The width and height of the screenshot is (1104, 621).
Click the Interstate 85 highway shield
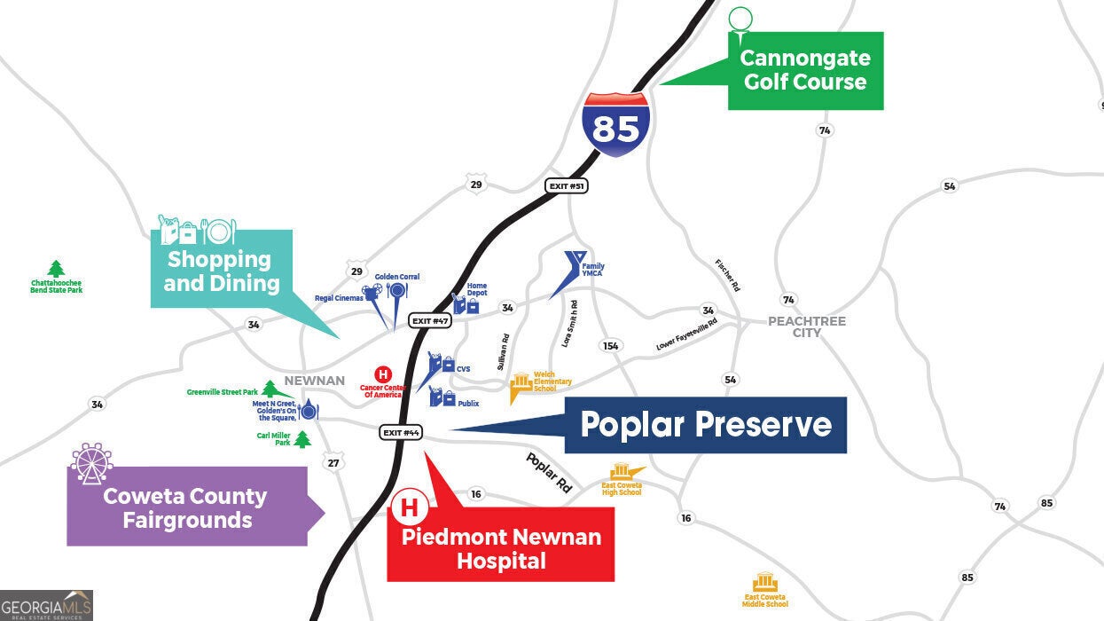point(615,124)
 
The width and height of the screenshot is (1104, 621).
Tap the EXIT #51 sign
point(566,186)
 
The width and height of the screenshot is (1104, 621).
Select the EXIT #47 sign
point(430,320)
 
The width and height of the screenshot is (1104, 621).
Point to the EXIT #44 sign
point(402,432)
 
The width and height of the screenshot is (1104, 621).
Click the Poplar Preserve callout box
point(705,425)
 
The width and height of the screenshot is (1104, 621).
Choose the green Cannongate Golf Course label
point(805,71)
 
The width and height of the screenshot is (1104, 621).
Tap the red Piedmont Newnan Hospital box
point(501,548)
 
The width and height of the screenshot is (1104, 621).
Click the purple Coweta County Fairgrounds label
point(186,507)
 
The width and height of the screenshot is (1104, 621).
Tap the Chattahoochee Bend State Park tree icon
point(57,268)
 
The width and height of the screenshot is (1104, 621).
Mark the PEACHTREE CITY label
point(807,326)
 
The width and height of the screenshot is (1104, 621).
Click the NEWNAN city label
point(314,381)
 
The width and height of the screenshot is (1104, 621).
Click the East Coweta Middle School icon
point(764,582)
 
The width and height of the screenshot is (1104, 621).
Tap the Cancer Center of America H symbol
point(383,374)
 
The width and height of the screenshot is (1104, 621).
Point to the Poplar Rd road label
point(549,473)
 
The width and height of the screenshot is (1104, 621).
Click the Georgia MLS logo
point(46,605)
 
